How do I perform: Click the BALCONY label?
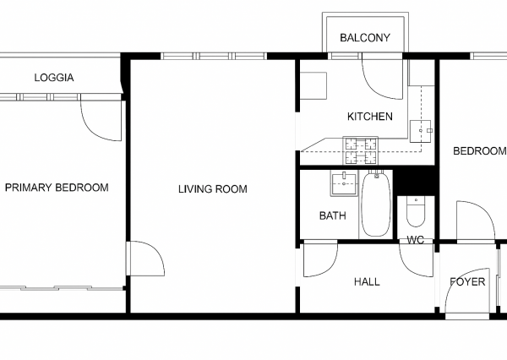click(365, 38)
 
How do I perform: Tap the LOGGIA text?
click(54, 78)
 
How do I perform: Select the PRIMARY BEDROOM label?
click(57, 188)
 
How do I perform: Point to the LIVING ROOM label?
click(213, 189)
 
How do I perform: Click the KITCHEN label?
click(370, 117)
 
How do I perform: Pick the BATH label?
click(332, 215)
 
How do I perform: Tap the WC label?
click(415, 240)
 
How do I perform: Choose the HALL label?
click(367, 281)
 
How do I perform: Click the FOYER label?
click(467, 281)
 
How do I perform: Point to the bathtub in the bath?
click(375, 205)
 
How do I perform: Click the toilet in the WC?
click(416, 212)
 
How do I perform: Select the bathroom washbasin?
click(344, 183)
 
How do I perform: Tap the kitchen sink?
click(420, 131)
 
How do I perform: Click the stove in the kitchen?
click(361, 150)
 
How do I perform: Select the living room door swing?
click(146, 259)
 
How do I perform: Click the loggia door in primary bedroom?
click(101, 120)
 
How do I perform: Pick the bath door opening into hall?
click(320, 259)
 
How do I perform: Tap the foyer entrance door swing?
click(467, 291)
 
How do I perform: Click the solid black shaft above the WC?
click(415, 181)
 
